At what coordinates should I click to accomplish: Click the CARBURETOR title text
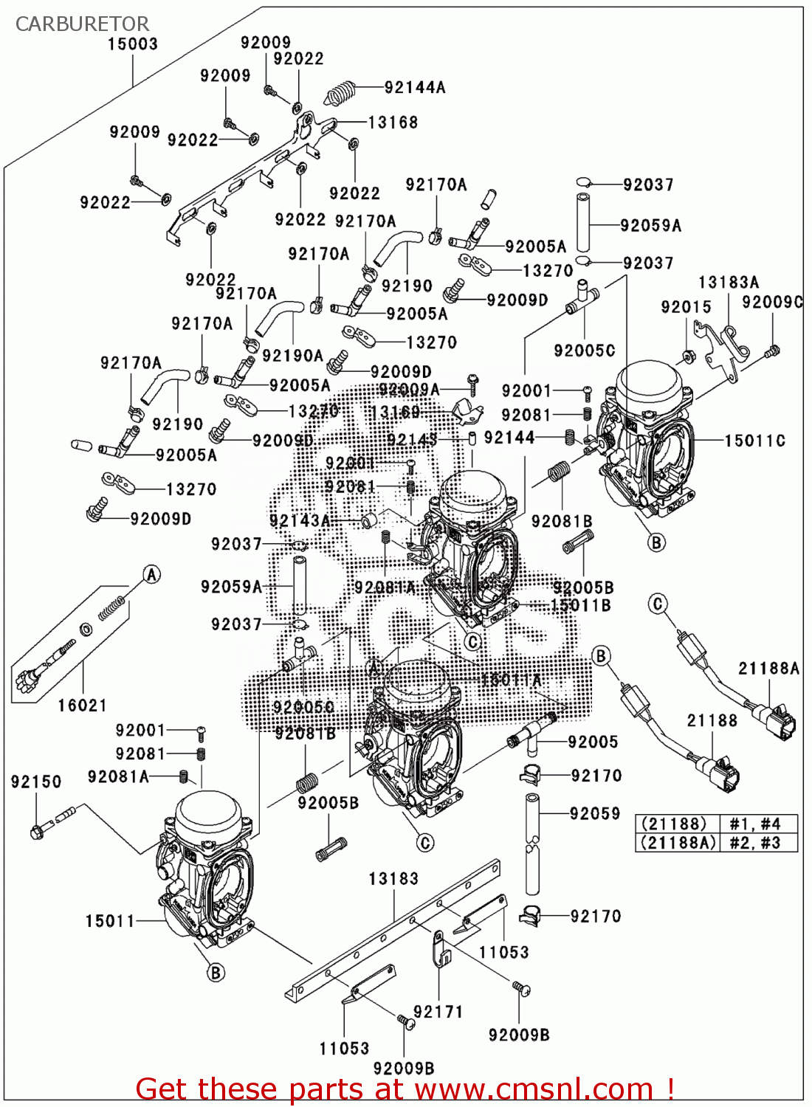click(x=82, y=24)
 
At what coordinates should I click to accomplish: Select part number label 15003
click(x=133, y=44)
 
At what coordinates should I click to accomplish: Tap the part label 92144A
click(x=415, y=87)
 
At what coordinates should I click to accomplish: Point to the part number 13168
click(x=393, y=123)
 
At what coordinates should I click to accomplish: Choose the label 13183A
click(x=729, y=283)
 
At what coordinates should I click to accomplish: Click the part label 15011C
click(x=754, y=441)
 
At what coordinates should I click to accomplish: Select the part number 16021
click(x=83, y=706)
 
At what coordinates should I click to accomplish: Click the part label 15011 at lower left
click(x=110, y=921)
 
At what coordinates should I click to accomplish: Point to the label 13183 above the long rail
click(x=393, y=879)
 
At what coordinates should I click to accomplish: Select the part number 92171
click(x=438, y=1012)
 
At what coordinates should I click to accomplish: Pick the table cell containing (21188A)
click(x=677, y=843)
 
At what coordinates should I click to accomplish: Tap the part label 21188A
click(x=768, y=669)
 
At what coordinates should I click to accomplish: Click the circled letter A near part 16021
click(x=151, y=574)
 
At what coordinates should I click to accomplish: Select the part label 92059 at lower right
click(x=595, y=813)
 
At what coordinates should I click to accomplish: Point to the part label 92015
click(x=686, y=307)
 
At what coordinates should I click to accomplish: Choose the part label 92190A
click(x=292, y=356)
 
